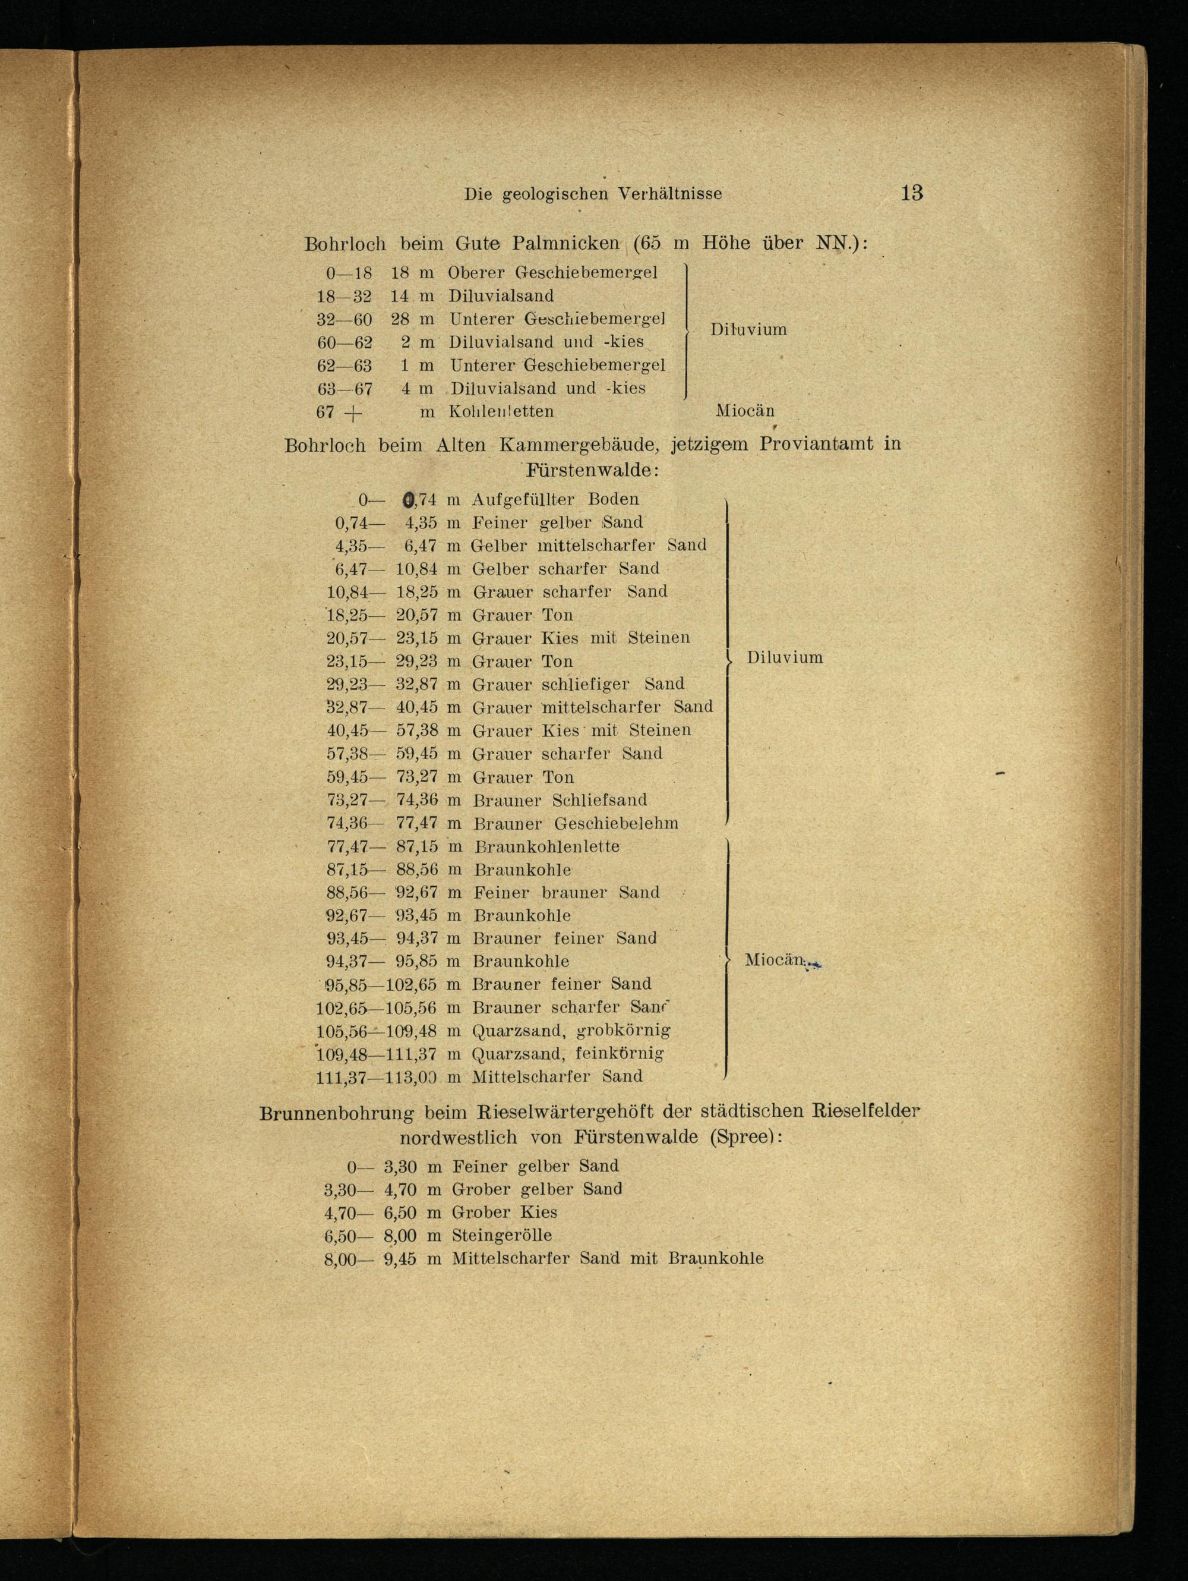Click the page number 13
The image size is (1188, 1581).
(912, 193)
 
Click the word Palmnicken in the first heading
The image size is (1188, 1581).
(565, 244)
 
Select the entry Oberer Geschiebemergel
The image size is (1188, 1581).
(552, 272)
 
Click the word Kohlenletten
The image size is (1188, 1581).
(501, 412)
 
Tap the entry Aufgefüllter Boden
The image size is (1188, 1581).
(555, 499)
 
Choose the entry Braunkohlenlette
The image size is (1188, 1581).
(546, 847)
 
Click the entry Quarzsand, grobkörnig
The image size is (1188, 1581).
(571, 1031)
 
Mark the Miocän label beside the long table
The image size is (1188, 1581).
(775, 960)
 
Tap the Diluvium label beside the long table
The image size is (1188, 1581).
(785, 657)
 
